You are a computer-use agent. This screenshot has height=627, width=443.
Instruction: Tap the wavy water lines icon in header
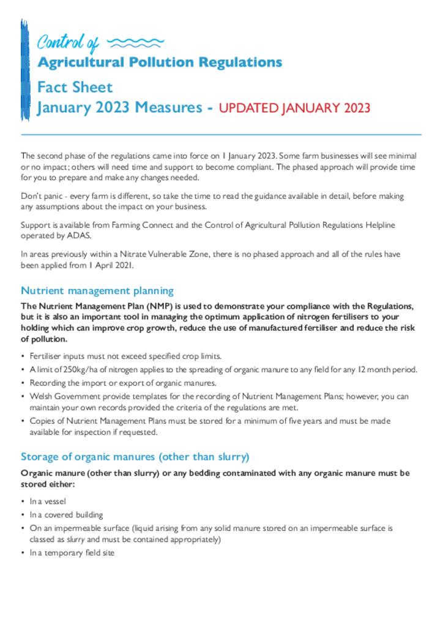135,43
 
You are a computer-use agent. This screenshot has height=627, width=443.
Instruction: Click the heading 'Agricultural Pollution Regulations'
160,62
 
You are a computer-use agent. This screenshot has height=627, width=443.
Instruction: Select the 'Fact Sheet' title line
75,88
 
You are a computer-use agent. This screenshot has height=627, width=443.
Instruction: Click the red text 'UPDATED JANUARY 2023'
294,108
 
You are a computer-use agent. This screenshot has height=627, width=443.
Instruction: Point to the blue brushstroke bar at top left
24,67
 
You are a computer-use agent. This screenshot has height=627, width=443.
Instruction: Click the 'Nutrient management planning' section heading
97,291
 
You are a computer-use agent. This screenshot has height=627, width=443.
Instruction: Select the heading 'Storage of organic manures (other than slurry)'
135,457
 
